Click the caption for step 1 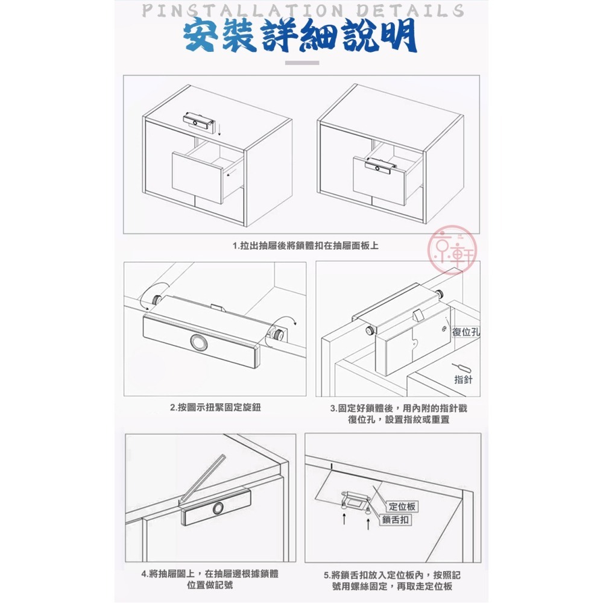click(306, 246)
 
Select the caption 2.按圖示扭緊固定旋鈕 click(215, 408)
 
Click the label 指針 click(464, 379)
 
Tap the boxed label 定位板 click(402, 507)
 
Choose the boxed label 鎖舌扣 click(396, 520)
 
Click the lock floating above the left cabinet click(198, 121)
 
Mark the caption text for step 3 click(398, 414)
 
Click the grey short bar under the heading click(301, 62)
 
